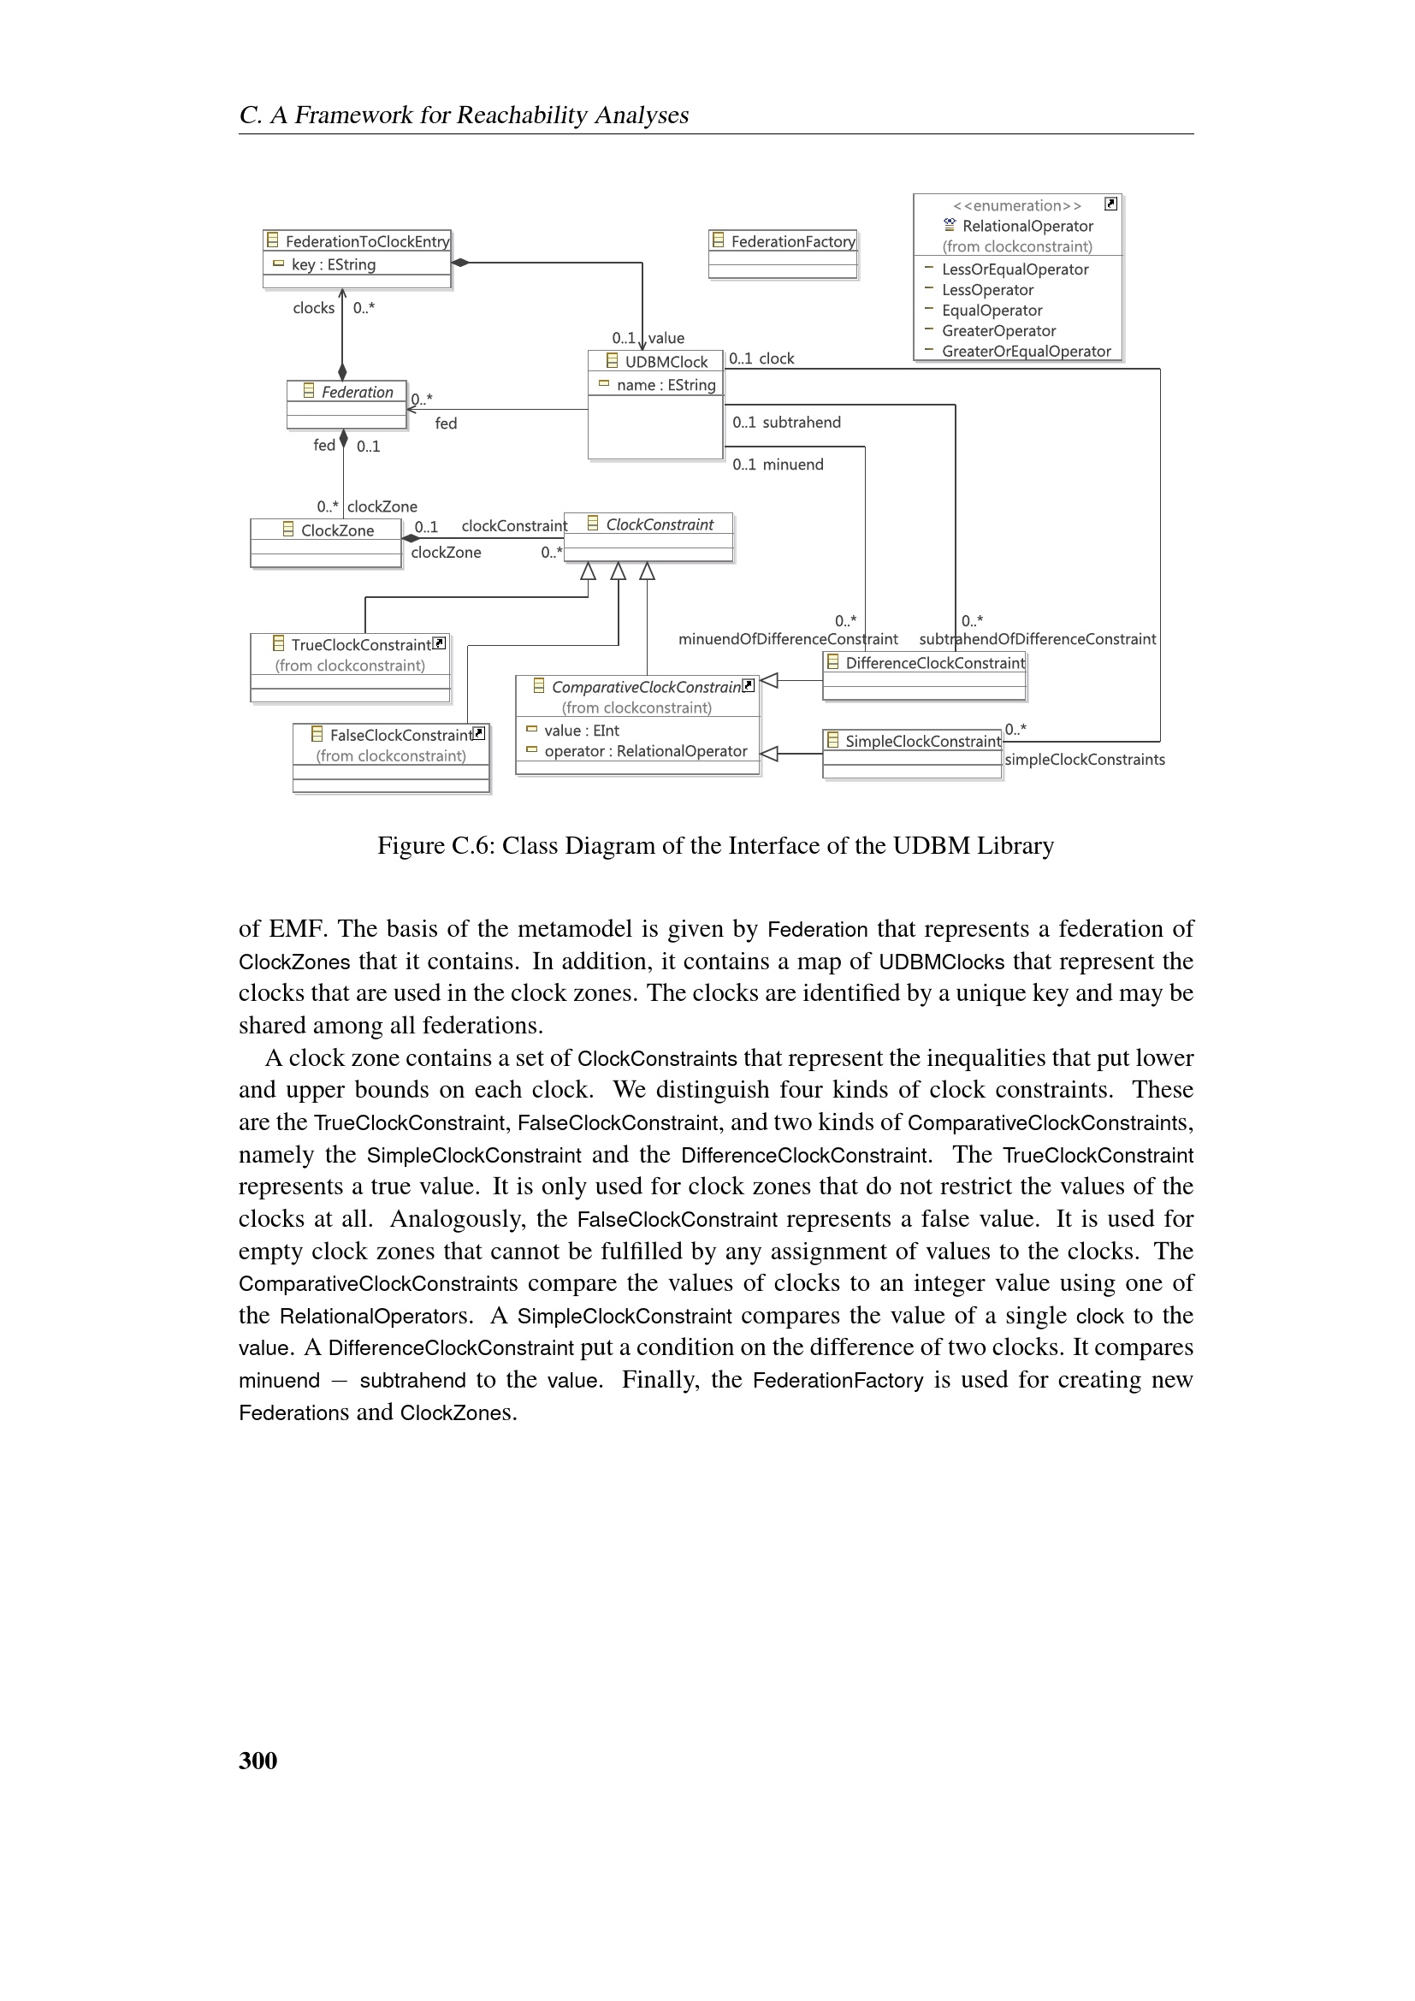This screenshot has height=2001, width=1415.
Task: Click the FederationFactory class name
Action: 792,241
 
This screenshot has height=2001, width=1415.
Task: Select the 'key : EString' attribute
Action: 333,265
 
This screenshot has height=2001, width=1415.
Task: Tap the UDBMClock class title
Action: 666,362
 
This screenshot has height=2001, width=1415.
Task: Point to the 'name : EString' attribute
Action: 666,385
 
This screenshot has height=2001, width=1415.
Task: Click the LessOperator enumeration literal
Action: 987,290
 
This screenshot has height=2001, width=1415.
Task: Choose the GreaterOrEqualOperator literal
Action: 1026,352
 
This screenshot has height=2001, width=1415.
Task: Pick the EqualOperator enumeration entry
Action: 992,311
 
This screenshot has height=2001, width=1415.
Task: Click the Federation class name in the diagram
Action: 358,392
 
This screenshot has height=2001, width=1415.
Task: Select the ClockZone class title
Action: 337,530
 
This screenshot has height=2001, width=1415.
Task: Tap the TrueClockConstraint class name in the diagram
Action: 361,645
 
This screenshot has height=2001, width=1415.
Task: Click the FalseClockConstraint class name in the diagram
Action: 400,736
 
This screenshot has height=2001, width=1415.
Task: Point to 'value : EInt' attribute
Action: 581,731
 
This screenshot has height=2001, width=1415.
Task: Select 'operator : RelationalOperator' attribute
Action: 645,751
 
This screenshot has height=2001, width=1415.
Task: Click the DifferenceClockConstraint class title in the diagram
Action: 934,663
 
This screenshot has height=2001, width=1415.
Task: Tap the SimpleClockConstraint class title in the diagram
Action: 923,742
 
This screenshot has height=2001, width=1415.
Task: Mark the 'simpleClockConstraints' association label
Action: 1084,760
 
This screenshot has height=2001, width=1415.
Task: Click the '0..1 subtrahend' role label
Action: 787,423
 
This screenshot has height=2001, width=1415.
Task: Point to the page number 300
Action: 258,1761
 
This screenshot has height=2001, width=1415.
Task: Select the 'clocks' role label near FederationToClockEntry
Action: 314,308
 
